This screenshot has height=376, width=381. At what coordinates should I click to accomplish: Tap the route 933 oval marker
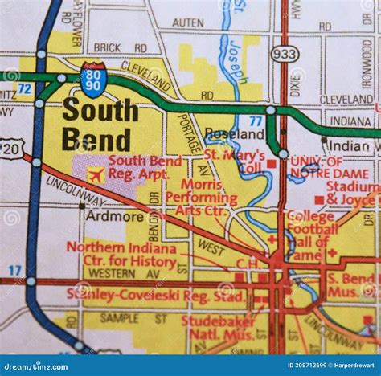coord(285,55)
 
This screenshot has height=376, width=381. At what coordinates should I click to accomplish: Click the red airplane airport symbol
coord(96,174)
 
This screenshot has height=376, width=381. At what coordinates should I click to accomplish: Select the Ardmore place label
coord(104,216)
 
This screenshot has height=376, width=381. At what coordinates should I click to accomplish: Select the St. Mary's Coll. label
coord(235,161)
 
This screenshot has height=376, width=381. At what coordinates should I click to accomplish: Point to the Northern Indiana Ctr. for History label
coord(121,254)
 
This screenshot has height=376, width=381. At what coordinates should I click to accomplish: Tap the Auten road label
coord(187,23)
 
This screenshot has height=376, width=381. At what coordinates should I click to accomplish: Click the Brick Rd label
coord(117,47)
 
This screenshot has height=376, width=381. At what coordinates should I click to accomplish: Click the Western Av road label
coord(112,273)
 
